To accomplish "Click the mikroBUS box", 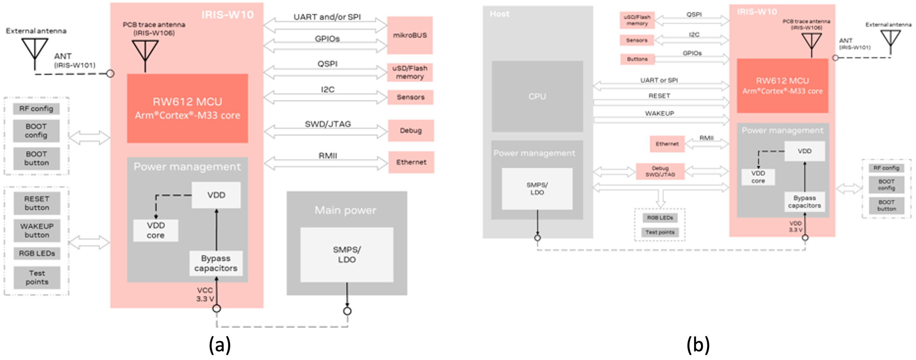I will tap(410, 35).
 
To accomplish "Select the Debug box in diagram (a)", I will tap(411, 130).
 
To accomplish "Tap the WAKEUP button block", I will tap(37, 231).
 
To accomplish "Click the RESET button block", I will tap(37, 203).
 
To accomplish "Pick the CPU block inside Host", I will tap(537, 96).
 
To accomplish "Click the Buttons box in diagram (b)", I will tap(637, 59).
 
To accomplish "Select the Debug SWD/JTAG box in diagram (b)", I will tap(660, 171).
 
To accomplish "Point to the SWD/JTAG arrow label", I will tap(328, 124).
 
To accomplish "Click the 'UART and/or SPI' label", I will tap(327, 17).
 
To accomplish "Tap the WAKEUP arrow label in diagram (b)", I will tap(659, 114).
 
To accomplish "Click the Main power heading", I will tap(345, 210).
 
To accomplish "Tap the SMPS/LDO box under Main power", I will tap(347, 255).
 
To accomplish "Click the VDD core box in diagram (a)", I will tap(156, 230).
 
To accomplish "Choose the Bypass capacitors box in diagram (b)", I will tap(804, 202).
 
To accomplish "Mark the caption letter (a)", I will tap(220, 345).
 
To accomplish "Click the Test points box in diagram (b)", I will tap(660, 232).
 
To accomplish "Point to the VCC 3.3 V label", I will tap(205, 294).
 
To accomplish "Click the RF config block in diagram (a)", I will tap(36, 109).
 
